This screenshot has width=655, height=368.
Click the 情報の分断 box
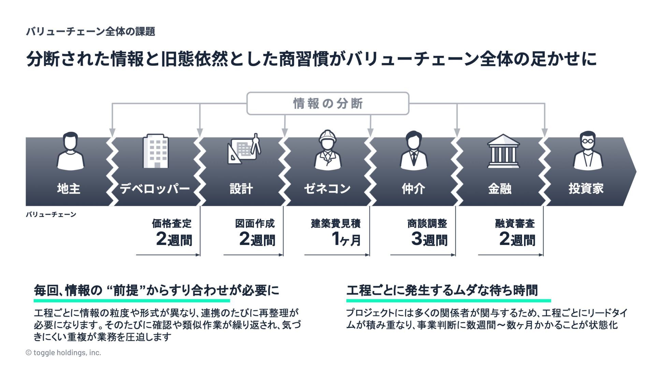tap(327, 103)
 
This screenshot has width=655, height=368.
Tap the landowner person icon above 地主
tap(70, 152)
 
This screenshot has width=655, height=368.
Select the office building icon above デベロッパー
tap(156, 151)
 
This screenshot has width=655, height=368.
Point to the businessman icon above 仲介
tap(413, 151)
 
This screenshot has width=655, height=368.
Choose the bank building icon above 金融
tap(503, 151)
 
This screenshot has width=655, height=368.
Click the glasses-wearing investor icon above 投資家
tap(588, 151)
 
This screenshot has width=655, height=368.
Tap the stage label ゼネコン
tap(327, 188)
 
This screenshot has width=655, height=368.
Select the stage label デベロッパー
tap(155, 188)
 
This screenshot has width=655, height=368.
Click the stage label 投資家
tap(586, 188)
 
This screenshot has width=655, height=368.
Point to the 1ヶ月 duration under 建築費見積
tap(346, 239)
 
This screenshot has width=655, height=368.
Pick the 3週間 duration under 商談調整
tap(429, 239)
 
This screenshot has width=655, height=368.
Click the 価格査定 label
tap(172, 224)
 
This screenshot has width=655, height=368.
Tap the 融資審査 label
tap(515, 224)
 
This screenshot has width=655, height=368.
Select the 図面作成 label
tap(255, 224)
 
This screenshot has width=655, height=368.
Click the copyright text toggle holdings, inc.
tap(63, 353)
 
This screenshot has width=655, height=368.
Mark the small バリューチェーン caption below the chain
tap(51, 214)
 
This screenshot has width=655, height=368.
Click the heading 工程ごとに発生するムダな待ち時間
tap(442, 290)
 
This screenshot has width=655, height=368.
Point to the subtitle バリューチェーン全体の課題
tap(91, 32)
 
